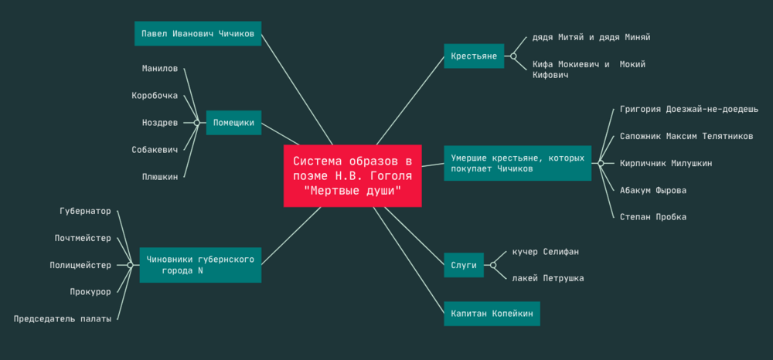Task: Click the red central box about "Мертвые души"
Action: (x=352, y=175)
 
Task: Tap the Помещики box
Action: (x=233, y=123)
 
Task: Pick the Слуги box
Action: (x=464, y=265)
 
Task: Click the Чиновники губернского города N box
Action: (x=201, y=265)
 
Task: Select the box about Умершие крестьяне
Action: (x=517, y=163)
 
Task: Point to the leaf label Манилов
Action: (x=160, y=69)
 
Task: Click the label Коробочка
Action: (x=155, y=96)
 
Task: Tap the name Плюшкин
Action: (x=160, y=177)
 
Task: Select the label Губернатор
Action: (x=85, y=211)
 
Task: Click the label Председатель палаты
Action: (x=63, y=318)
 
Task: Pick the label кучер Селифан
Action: (x=546, y=252)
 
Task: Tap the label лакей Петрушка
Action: (x=548, y=278)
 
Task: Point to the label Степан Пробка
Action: (x=653, y=217)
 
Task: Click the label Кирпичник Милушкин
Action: (x=666, y=163)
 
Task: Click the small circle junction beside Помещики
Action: (x=197, y=123)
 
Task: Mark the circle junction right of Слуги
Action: (x=492, y=265)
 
